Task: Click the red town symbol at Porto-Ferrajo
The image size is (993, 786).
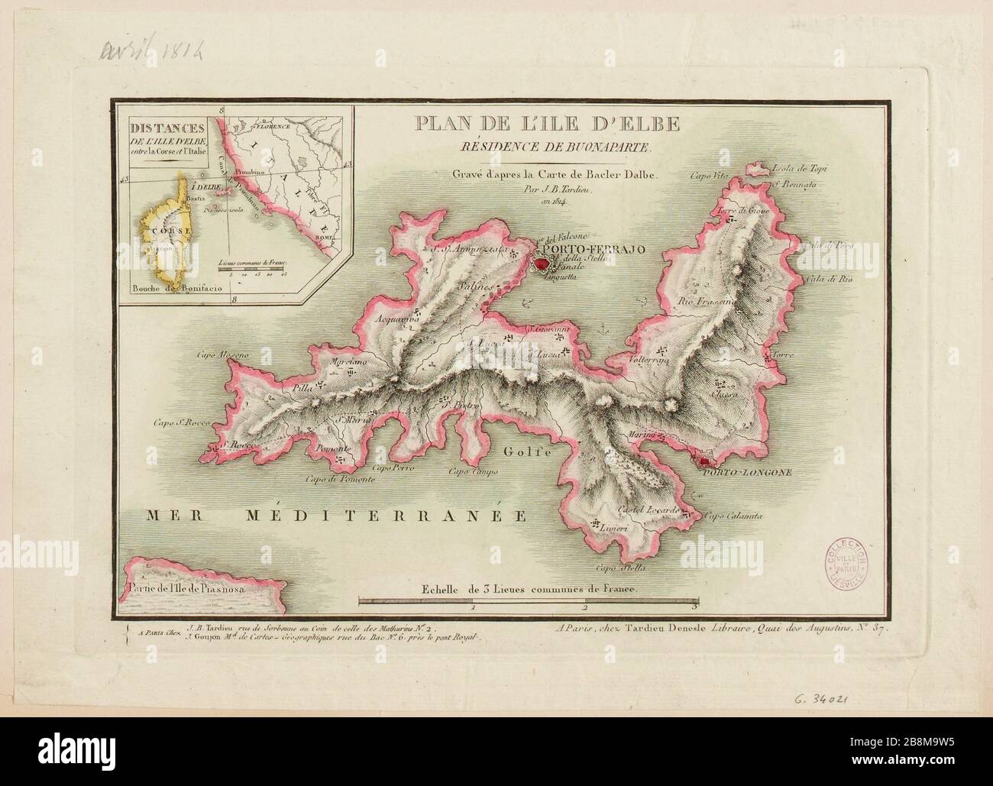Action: [x=542, y=265]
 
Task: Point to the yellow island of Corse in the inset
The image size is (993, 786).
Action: [x=163, y=237]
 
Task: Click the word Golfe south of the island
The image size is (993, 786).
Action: [x=526, y=451]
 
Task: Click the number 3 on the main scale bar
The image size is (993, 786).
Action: [x=694, y=608]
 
